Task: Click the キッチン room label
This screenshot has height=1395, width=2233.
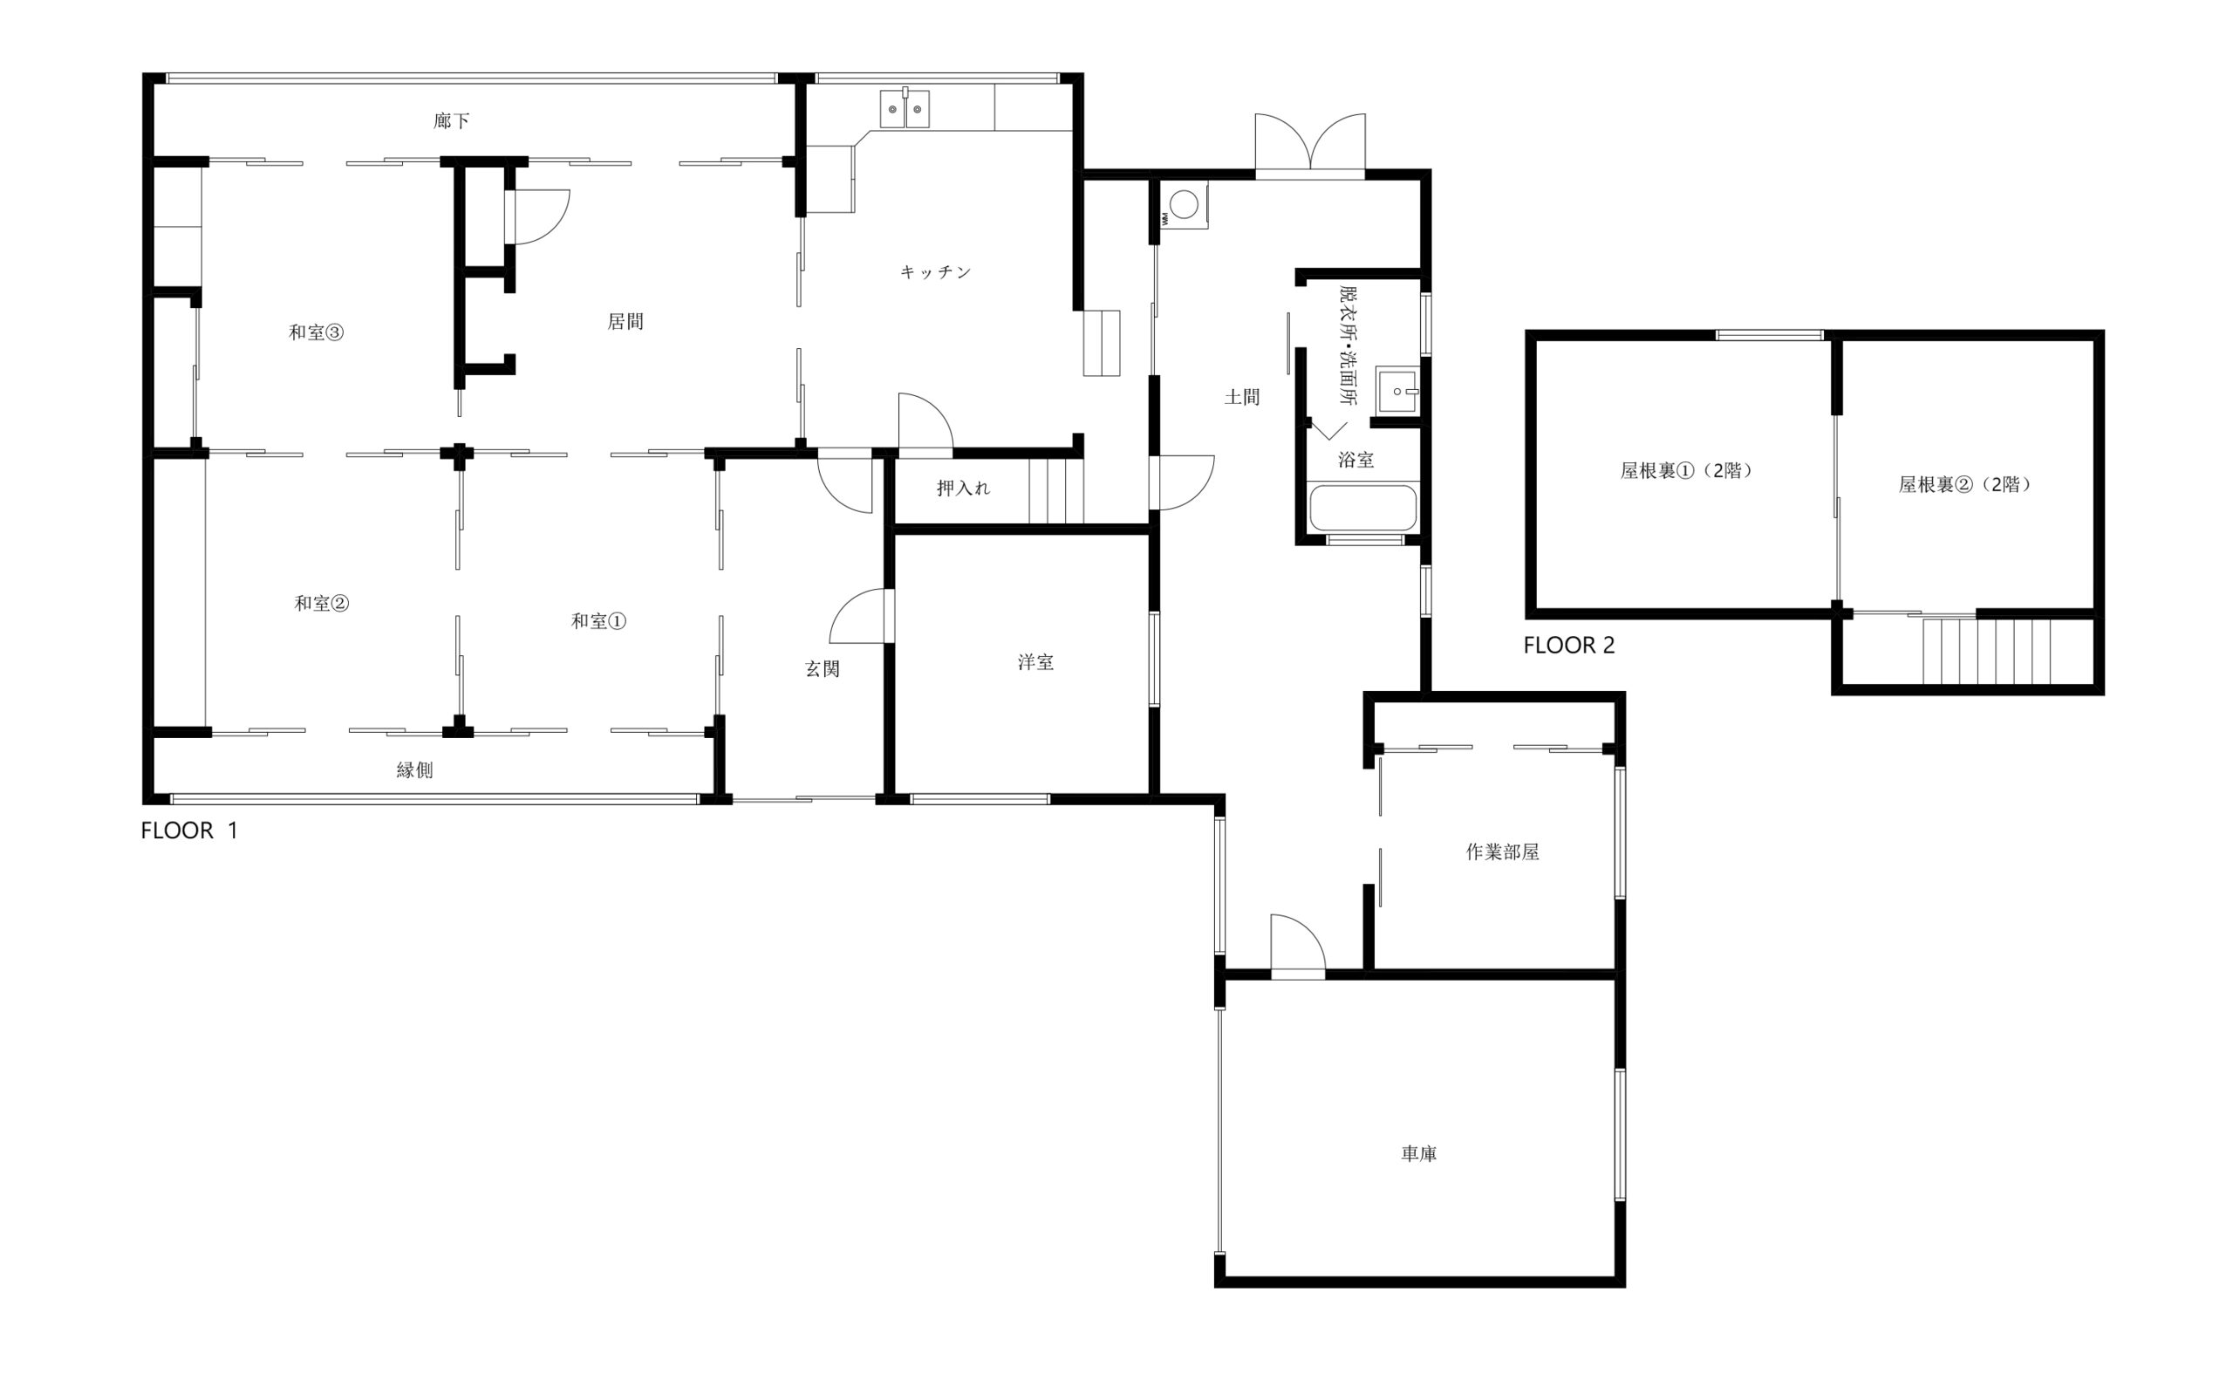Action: [x=935, y=272]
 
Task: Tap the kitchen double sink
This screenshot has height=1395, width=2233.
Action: [x=904, y=109]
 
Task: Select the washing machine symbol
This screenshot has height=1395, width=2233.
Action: [x=1184, y=205]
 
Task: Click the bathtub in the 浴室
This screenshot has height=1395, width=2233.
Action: [x=1362, y=509]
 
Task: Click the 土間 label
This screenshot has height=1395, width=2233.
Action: [x=1241, y=398]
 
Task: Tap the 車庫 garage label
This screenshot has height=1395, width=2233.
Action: [x=1418, y=1153]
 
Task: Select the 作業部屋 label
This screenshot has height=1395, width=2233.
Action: [x=1503, y=852]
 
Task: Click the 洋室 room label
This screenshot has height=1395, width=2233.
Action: [x=1035, y=662]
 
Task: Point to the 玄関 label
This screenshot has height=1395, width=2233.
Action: [x=822, y=670]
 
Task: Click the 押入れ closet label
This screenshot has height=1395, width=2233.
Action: [x=963, y=488]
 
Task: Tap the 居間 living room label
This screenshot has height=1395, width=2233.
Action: [x=625, y=322]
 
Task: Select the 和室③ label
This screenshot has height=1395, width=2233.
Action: [x=317, y=333]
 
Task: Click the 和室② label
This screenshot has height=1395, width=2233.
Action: [x=322, y=604]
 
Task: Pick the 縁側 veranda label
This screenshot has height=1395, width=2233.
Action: [x=414, y=770]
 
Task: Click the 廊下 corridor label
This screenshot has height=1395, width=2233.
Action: [x=452, y=121]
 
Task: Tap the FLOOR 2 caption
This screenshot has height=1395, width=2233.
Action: [x=1569, y=646]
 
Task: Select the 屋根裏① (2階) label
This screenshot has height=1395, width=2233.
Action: [x=1686, y=470]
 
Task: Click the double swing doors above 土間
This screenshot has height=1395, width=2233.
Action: [x=1310, y=146]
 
